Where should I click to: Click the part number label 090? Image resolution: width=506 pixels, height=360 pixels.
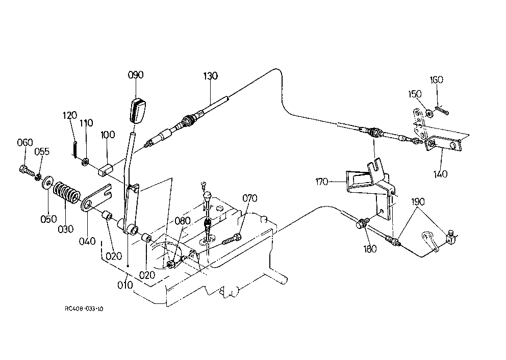(136, 75)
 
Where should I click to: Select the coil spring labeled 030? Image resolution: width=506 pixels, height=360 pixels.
(67, 194)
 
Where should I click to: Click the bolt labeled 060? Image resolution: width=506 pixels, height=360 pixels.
(27, 171)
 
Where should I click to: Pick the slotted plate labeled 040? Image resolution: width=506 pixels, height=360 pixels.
(96, 197)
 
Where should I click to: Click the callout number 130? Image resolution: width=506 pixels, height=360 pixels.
(210, 76)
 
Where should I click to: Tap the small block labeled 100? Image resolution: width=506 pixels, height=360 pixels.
(105, 170)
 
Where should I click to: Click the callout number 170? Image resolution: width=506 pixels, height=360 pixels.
(322, 182)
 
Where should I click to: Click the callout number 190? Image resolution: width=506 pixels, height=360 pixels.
(418, 202)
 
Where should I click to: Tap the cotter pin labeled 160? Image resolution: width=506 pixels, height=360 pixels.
(442, 110)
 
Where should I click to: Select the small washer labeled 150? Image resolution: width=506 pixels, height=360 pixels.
(429, 113)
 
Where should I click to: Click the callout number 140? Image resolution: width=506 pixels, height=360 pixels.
(441, 174)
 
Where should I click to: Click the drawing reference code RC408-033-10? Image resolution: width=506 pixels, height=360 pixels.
(84, 308)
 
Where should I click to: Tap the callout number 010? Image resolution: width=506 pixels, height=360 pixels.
(125, 285)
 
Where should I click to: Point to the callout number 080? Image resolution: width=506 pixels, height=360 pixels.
(183, 221)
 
